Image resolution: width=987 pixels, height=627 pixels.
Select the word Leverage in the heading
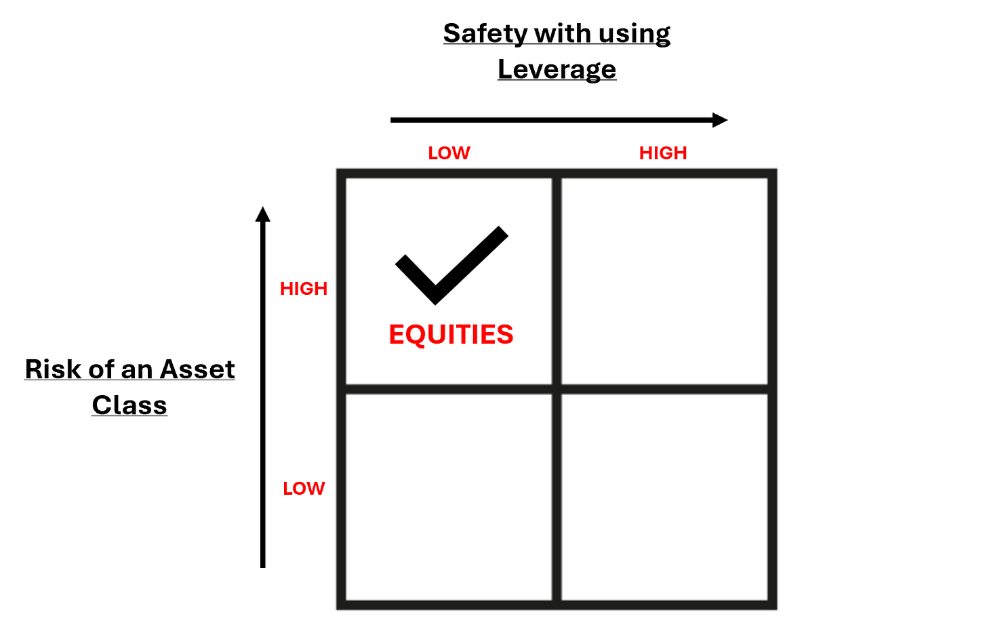(x=557, y=69)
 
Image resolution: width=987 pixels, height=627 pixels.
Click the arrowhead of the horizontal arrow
(x=721, y=120)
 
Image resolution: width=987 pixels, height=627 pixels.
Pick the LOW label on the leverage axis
(x=449, y=153)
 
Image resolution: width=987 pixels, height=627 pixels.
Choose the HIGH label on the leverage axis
(x=663, y=153)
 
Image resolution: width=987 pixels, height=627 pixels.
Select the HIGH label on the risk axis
(x=304, y=289)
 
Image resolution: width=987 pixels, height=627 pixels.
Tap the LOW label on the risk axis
(x=304, y=489)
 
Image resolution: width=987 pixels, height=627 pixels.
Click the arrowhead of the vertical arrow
(x=263, y=214)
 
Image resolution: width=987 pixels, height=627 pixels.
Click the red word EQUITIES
(x=451, y=335)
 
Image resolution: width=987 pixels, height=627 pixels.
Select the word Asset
(x=197, y=369)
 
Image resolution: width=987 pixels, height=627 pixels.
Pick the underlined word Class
(x=129, y=405)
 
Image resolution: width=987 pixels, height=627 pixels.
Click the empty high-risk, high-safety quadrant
(x=664, y=281)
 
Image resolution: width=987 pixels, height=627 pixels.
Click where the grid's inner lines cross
(x=557, y=389)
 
